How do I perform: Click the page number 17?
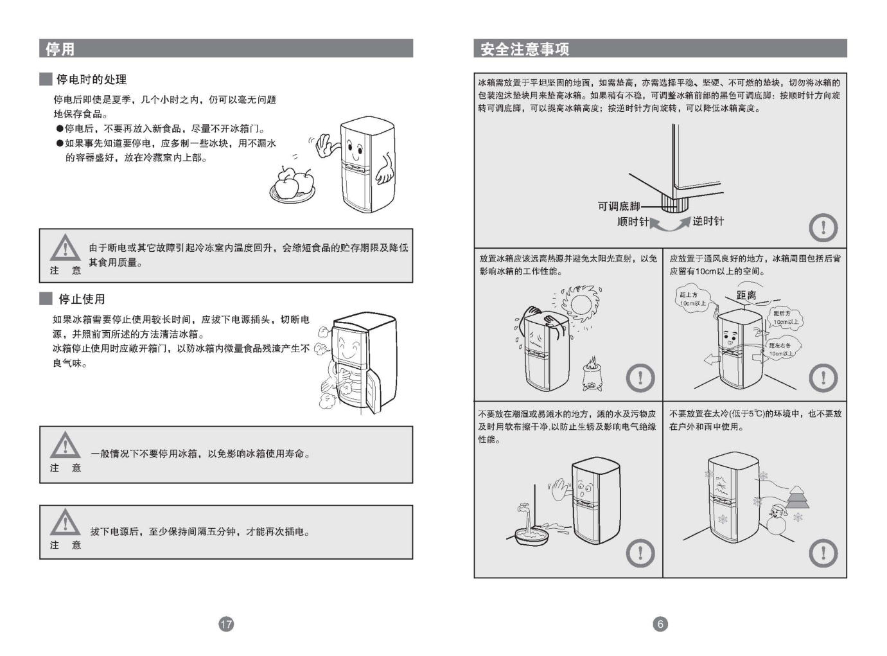(x=226, y=624)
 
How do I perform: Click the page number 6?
(x=660, y=624)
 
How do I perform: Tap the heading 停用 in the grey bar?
(x=60, y=49)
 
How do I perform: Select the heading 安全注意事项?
(x=525, y=49)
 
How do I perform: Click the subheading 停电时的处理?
(x=91, y=80)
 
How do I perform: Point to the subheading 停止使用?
(x=82, y=299)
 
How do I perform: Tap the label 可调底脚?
(x=619, y=206)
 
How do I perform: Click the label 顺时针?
(x=633, y=222)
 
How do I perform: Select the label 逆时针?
(x=708, y=222)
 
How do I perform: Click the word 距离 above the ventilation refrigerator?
(x=746, y=296)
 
